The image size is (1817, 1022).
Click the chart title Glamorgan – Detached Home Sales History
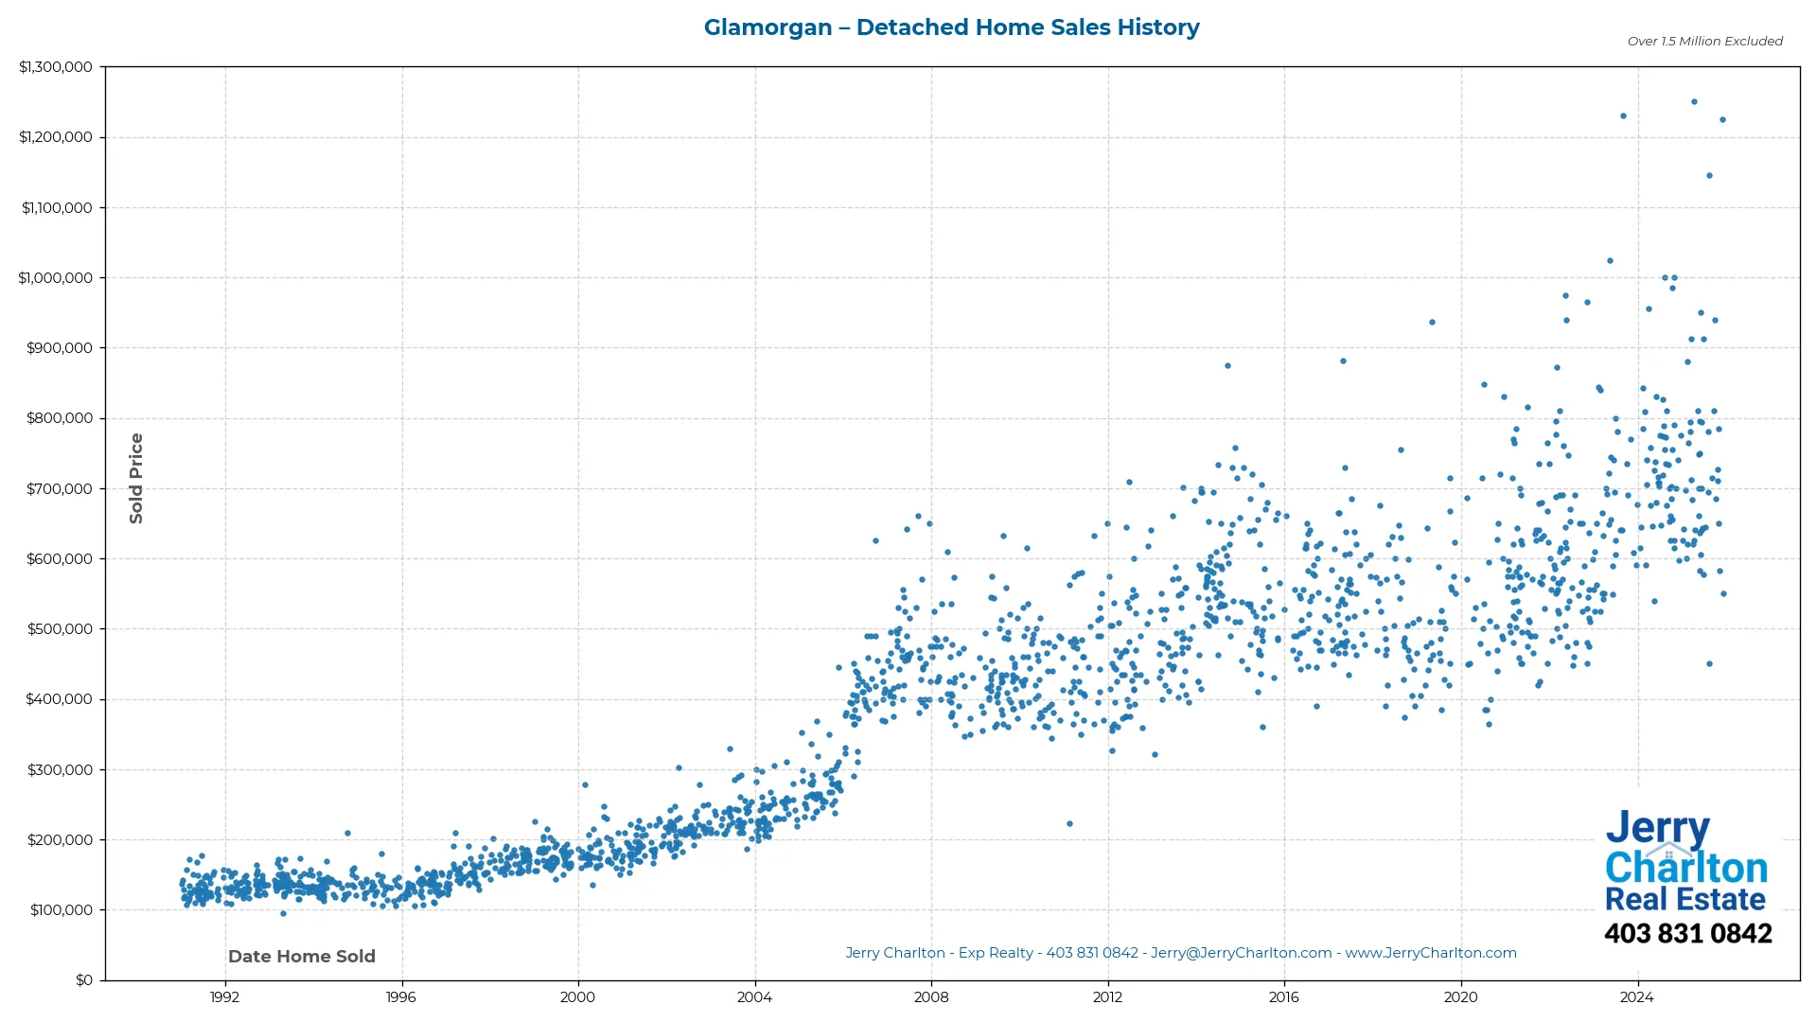pyautogui.click(x=951, y=27)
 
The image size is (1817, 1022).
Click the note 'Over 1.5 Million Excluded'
pyautogui.click(x=1704, y=41)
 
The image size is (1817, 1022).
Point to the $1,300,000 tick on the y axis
pyautogui.click(x=56, y=67)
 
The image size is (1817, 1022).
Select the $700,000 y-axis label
pyautogui.click(x=60, y=488)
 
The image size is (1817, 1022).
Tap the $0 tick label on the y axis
pyautogui.click(x=84, y=979)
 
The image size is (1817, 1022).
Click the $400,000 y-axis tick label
pyautogui.click(x=60, y=699)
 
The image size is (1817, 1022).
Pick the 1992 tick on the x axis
pyautogui.click(x=224, y=996)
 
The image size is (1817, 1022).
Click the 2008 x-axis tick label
pyautogui.click(x=930, y=996)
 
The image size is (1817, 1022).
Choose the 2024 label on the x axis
pyautogui.click(x=1636, y=996)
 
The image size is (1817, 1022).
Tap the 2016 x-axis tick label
pyautogui.click(x=1283, y=996)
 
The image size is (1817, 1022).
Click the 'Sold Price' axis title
pyautogui.click(x=136, y=478)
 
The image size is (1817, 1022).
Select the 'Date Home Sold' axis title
pyautogui.click(x=302, y=956)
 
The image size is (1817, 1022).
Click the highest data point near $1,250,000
pyautogui.click(x=1694, y=101)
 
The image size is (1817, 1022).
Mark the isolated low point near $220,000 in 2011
pyautogui.click(x=1069, y=823)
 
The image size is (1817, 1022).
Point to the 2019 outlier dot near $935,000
pyautogui.click(x=1432, y=322)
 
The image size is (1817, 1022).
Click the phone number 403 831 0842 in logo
pyautogui.click(x=1687, y=933)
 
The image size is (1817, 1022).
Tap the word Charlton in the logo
pyautogui.click(x=1685, y=868)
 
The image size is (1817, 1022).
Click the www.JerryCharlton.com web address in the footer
pyautogui.click(x=1430, y=953)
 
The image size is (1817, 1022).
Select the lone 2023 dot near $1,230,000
pyautogui.click(x=1623, y=115)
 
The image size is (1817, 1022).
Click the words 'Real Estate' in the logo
pyautogui.click(x=1685, y=899)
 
